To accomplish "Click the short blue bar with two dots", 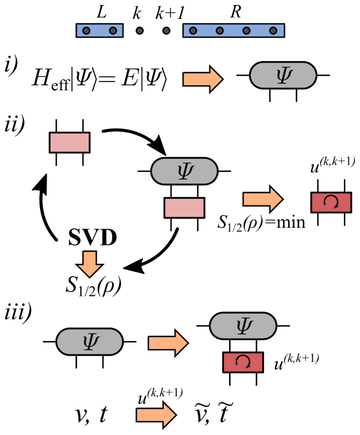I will tap(99, 30).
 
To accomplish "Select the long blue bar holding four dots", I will tap(234, 30).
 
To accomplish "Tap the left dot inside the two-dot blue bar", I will tap(87, 30).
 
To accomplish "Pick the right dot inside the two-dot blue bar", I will tap(113, 30).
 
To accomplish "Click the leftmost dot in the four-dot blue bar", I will tap(193, 30).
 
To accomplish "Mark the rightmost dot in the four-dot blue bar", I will tap(273, 30).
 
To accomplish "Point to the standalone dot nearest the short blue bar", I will tap(140, 30).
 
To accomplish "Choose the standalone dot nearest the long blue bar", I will tap(166, 30).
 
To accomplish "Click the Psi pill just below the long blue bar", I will tap(283, 75).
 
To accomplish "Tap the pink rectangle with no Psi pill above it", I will tap(69, 142).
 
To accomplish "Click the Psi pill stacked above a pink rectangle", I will tap(184, 171).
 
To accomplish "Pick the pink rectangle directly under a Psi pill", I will tap(184, 208).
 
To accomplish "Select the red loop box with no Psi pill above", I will tap(331, 202).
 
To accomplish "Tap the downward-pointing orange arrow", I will tap(89, 264).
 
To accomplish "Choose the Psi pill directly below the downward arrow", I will tap(89, 342).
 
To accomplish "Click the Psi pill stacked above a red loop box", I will tap(243, 326).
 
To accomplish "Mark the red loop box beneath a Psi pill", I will tap(243, 362).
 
